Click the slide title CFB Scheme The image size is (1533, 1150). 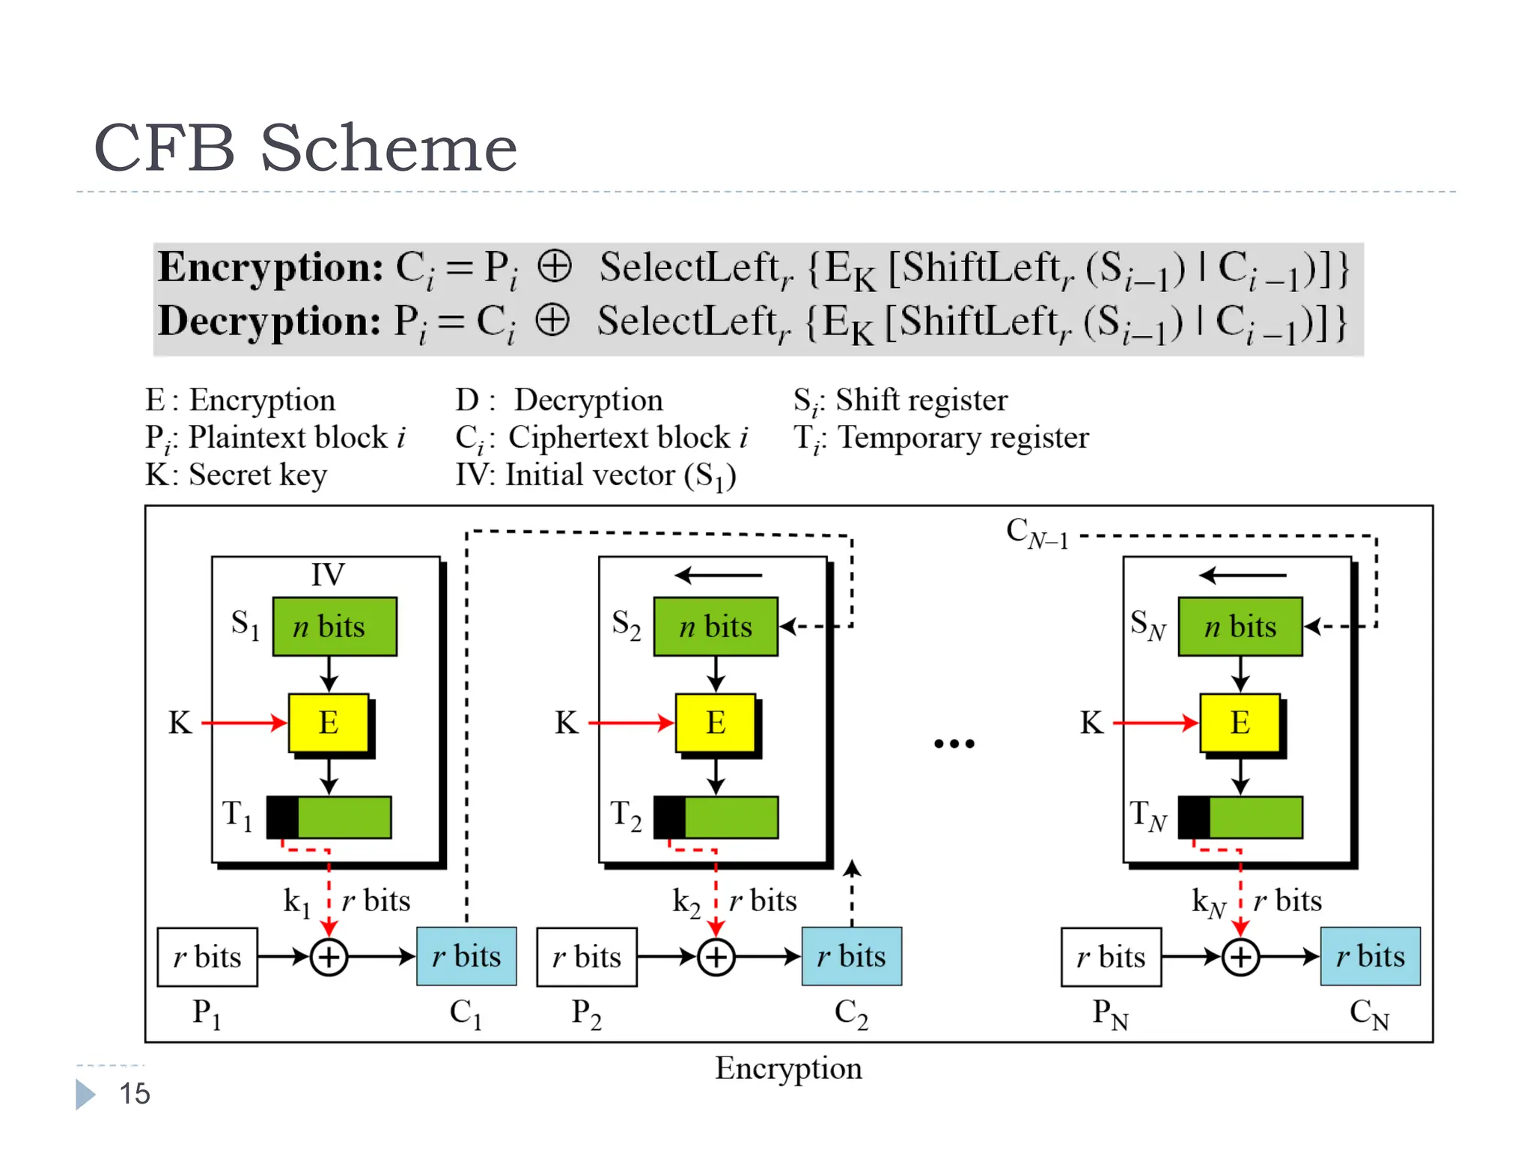pyautogui.click(x=305, y=148)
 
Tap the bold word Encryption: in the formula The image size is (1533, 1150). pyautogui.click(x=270, y=267)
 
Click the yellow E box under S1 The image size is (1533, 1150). pyautogui.click(x=329, y=722)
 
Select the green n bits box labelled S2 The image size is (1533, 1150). pyautogui.click(x=716, y=627)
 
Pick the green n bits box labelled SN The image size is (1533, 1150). pyautogui.click(x=1240, y=627)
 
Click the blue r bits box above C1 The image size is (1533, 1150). pyautogui.click(x=466, y=957)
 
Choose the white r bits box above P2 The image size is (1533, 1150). pyautogui.click(x=587, y=958)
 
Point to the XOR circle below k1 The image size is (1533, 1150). pyautogui.click(x=329, y=958)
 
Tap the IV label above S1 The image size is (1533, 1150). pyautogui.click(x=328, y=575)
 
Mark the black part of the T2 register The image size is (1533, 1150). pyautogui.click(x=669, y=818)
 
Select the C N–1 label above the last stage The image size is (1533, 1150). pyautogui.click(x=1037, y=534)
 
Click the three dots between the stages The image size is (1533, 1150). pyautogui.click(x=954, y=743)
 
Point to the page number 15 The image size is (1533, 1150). pyautogui.click(x=135, y=1094)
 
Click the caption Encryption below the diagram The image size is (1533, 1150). pyautogui.click(x=788, y=1068)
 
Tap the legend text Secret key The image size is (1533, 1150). pyautogui.click(x=257, y=475)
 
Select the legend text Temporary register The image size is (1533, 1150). pyautogui.click(x=963, y=438)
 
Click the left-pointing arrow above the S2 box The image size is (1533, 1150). pyautogui.click(x=718, y=576)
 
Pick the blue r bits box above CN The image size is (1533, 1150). pyautogui.click(x=1370, y=957)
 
